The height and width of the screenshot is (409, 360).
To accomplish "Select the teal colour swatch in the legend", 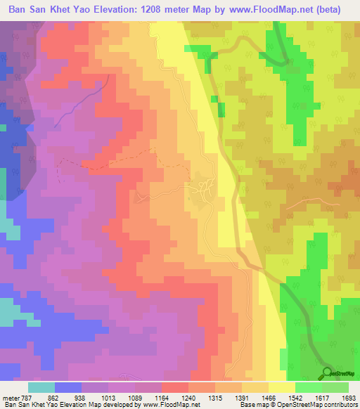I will coord(41,387).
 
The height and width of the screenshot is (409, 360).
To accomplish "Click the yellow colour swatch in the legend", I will coord(281,387).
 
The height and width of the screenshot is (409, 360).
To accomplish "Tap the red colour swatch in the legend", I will coord(174,387).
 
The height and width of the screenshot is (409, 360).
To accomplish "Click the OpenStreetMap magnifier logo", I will coord(326,373).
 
